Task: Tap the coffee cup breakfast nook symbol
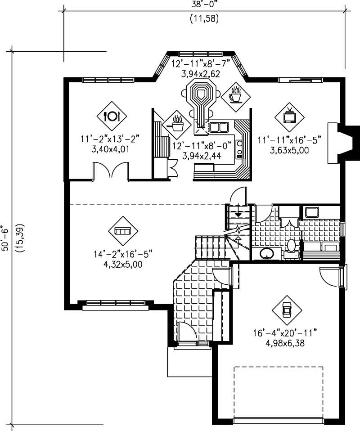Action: click(x=235, y=95)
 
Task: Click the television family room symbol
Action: click(x=289, y=116)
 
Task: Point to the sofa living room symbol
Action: click(x=122, y=231)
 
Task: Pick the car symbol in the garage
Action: click(x=286, y=309)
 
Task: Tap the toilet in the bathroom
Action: click(x=291, y=246)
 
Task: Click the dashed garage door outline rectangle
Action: click(x=278, y=391)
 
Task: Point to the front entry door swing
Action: click(x=187, y=332)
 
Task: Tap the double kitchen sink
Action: click(x=218, y=128)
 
